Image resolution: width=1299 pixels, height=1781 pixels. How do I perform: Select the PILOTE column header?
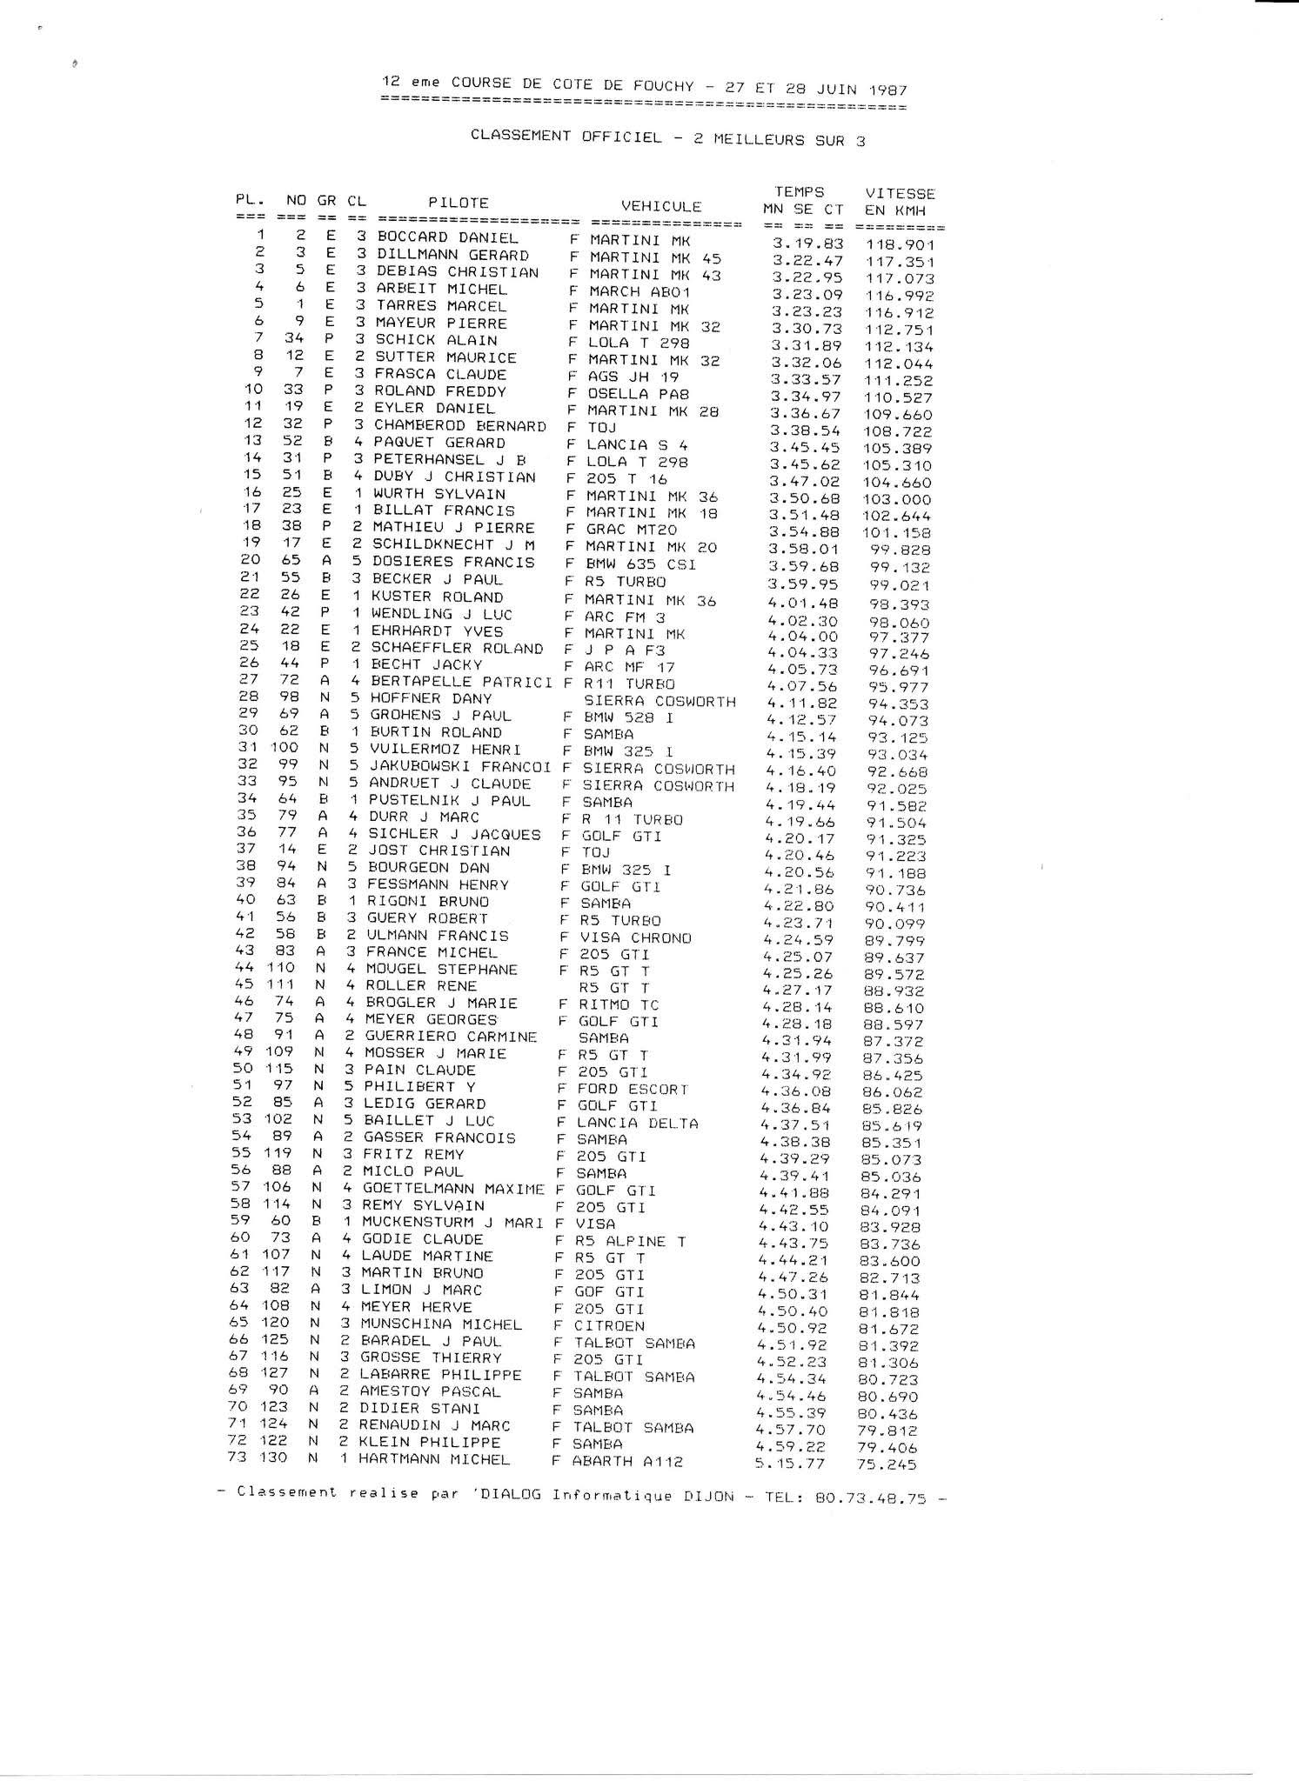(459, 203)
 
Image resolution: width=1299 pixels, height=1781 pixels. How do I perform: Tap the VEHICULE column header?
(661, 206)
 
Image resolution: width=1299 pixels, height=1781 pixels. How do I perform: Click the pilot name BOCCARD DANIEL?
(447, 237)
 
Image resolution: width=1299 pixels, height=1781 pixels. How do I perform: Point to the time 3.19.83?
(808, 243)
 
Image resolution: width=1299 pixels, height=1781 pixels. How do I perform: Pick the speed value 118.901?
(901, 245)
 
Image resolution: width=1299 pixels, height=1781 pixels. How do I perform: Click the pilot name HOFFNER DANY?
(431, 698)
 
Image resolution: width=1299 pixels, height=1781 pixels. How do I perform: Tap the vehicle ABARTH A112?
(627, 1462)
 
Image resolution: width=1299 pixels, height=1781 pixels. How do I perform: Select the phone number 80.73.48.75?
(871, 1498)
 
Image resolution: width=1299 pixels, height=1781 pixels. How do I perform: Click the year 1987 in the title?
(887, 90)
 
